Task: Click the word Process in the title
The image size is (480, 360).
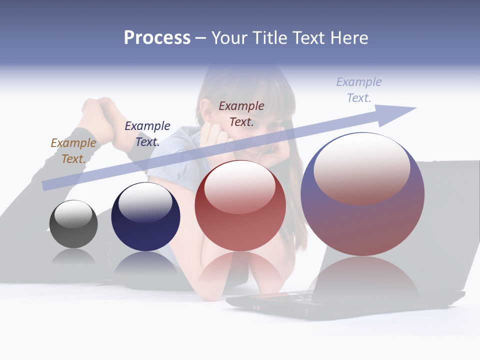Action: [157, 38]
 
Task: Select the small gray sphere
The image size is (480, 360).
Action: [73, 224]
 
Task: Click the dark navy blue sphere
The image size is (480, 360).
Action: [145, 217]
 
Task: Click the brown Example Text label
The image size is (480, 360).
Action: [73, 151]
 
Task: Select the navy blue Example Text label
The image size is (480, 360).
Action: [147, 133]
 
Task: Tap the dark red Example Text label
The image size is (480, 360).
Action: [241, 113]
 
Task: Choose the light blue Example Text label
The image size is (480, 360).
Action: [359, 90]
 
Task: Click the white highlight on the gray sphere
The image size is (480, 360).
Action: [73, 214]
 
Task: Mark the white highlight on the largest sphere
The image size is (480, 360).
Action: [361, 167]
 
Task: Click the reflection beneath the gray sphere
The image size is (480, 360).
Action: [73, 257]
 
